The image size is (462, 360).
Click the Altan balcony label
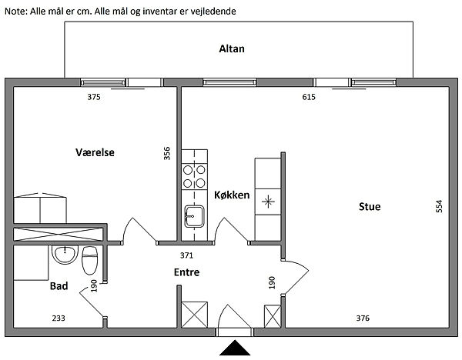[x=232, y=48]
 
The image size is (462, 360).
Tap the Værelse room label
[x=95, y=152]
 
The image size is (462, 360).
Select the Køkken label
[x=232, y=195]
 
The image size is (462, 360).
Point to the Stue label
[x=370, y=206]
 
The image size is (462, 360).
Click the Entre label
[x=186, y=272]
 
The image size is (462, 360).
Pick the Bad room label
[x=59, y=286]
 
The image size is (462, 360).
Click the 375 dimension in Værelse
[x=94, y=97]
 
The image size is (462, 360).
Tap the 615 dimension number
[x=309, y=97]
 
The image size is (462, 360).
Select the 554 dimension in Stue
[x=439, y=206]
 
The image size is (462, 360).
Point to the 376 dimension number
[x=363, y=318]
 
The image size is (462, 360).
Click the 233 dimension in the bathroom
[x=59, y=318]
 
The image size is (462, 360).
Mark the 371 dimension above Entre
[x=186, y=255]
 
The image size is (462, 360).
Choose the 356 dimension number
[x=167, y=153]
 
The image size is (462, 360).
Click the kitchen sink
[x=194, y=216]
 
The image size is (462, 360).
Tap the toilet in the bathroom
[x=89, y=260]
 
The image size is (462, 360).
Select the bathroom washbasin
[x=65, y=255]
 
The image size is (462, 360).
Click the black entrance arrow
[x=235, y=348]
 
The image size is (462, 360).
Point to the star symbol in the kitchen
[x=268, y=202]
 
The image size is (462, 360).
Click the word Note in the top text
[x=15, y=12]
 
